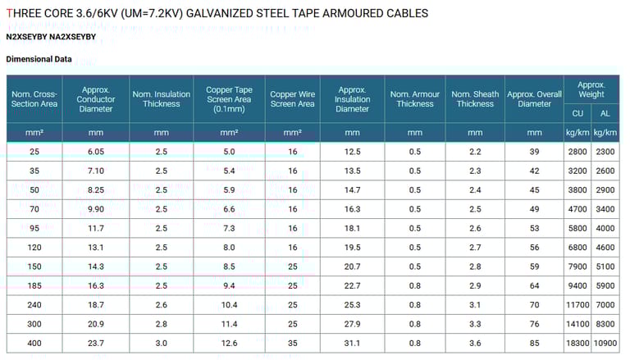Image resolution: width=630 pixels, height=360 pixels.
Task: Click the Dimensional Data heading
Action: click(x=39, y=59)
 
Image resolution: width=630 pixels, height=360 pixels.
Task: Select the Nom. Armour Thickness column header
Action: click(x=415, y=99)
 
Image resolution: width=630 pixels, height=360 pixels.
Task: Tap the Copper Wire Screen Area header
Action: click(x=293, y=99)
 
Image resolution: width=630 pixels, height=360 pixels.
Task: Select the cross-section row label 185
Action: click(x=34, y=285)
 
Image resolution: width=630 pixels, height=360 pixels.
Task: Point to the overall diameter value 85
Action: click(x=535, y=343)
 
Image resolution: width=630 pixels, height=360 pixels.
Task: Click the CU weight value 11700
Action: click(x=577, y=305)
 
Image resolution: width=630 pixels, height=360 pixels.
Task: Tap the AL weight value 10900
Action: click(x=605, y=343)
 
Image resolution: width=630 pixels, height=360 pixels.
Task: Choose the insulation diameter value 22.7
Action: click(x=352, y=285)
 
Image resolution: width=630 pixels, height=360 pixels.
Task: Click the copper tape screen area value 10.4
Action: click(x=229, y=305)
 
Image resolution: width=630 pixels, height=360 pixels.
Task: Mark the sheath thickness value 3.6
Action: click(x=475, y=343)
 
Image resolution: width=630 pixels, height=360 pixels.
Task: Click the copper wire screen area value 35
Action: click(x=293, y=343)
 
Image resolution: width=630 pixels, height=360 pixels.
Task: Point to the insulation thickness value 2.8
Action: click(x=161, y=324)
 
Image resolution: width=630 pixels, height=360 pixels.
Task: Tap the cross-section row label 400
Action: click(x=34, y=343)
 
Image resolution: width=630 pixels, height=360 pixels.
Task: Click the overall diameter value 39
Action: click(x=535, y=152)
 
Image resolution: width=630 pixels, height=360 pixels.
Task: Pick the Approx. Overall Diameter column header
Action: click(x=535, y=99)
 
